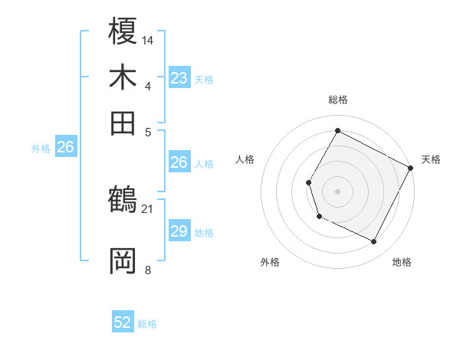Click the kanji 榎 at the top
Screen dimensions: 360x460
pos(123,31)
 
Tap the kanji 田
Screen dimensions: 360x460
pos(123,123)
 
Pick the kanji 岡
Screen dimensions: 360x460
pos(123,262)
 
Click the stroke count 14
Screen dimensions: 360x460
pos(149,40)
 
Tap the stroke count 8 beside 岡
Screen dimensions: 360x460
pos(148,270)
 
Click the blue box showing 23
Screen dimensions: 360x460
pos(179,78)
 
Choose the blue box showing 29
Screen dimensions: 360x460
pos(179,231)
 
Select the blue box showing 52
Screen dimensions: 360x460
pos(123,322)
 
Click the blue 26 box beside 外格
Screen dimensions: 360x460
pos(65,147)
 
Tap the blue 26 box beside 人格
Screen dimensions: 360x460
pos(179,162)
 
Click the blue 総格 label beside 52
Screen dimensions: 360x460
pos(147,324)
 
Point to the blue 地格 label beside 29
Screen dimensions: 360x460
pos(204,233)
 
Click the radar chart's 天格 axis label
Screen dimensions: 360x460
pos(431,159)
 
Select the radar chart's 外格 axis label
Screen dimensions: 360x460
pos(270,262)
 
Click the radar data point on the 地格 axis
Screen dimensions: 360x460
pos(374,242)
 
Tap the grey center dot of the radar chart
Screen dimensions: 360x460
pos(337,191)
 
